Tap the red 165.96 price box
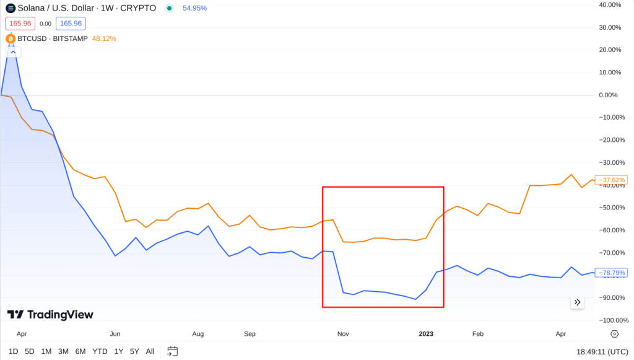click(x=20, y=24)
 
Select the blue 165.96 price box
click(x=71, y=24)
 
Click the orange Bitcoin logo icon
click(x=11, y=38)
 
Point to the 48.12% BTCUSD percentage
click(x=104, y=38)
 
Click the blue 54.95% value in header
click(x=195, y=9)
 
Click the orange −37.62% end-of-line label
click(x=610, y=180)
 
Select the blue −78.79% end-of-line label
click(x=610, y=273)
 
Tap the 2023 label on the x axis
click(x=426, y=334)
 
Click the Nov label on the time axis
click(x=343, y=334)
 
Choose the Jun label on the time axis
click(x=115, y=334)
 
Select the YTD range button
click(x=100, y=351)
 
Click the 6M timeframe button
click(x=80, y=351)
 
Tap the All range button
click(x=150, y=351)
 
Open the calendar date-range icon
click(x=173, y=351)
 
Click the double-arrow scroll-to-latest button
click(x=577, y=302)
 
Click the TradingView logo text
click(x=50, y=315)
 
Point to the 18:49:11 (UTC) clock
click(x=601, y=351)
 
